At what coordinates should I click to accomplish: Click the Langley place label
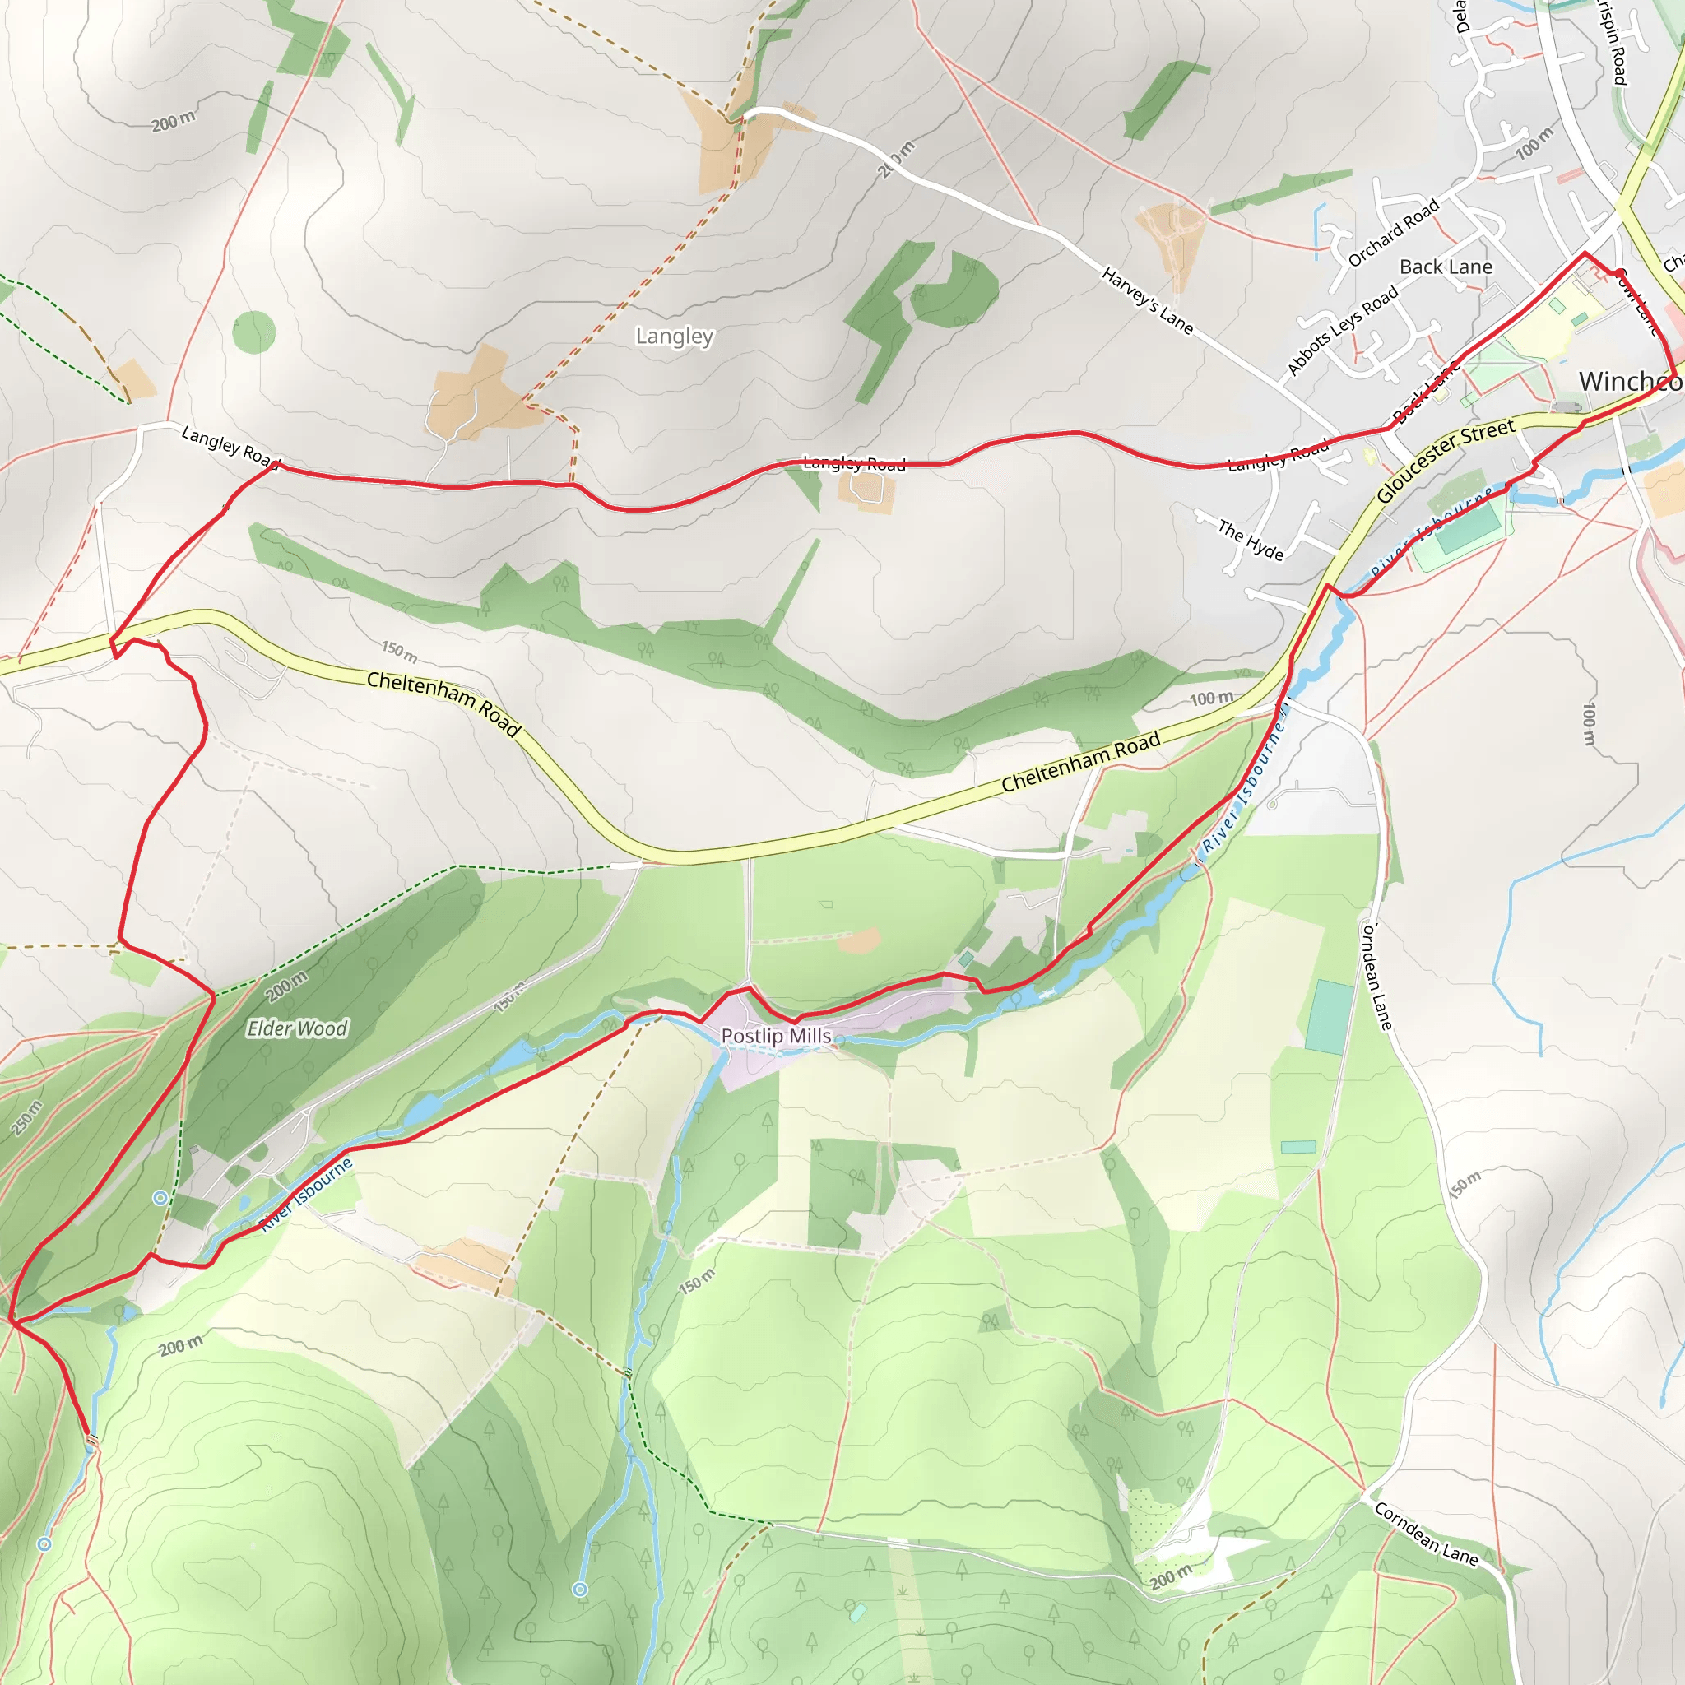coord(674,336)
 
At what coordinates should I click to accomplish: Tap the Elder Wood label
coord(297,1029)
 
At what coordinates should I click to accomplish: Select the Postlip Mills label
coord(776,1036)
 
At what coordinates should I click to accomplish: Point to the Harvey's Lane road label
coord(1147,300)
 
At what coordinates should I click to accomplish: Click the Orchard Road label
coord(1393,232)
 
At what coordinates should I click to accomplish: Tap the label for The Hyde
coord(1251,541)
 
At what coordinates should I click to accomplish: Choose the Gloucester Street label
coord(1444,459)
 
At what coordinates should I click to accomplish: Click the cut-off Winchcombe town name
coord(1629,381)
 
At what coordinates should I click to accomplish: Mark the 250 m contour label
coord(27,1119)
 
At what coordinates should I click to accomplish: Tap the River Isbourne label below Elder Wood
coord(306,1194)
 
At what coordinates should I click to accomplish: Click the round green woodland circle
coord(253,332)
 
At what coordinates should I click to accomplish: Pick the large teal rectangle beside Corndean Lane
coord(1330,1016)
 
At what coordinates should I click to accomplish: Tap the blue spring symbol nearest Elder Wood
coord(160,1197)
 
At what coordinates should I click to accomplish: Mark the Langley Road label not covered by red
coord(229,444)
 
